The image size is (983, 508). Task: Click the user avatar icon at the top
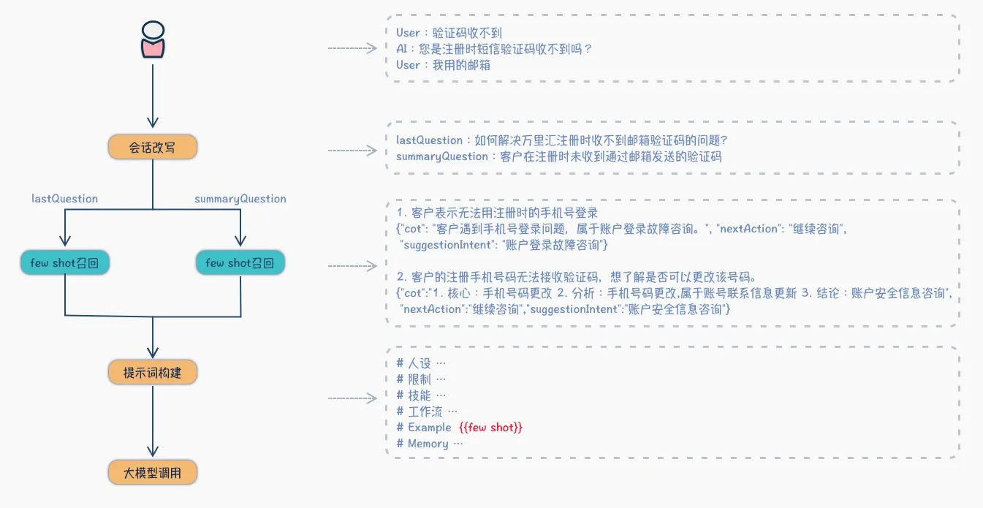tap(153, 39)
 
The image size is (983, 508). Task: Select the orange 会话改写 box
tap(153, 147)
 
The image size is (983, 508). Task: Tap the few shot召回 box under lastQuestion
tap(65, 262)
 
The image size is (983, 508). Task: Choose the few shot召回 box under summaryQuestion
tap(240, 262)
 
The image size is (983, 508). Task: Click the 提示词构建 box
tap(153, 372)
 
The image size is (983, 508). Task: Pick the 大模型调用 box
tap(153, 472)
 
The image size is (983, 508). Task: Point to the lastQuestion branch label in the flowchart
tap(64, 199)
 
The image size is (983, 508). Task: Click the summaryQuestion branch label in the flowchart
tap(240, 199)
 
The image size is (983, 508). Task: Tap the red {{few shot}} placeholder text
tap(490, 427)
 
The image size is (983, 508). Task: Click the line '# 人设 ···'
tap(421, 363)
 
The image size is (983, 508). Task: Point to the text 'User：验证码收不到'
tap(449, 33)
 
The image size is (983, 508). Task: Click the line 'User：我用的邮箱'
tap(443, 65)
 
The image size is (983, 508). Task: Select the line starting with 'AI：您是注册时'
tap(494, 49)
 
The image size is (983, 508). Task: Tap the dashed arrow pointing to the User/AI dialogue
tap(352, 48)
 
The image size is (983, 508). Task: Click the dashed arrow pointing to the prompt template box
tap(352, 398)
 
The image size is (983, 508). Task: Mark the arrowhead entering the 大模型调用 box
tap(153, 452)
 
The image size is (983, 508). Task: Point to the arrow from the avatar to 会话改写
tap(153, 96)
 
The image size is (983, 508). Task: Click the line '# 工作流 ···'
tap(427, 412)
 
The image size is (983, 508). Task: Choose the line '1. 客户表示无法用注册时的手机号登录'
tap(497, 213)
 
